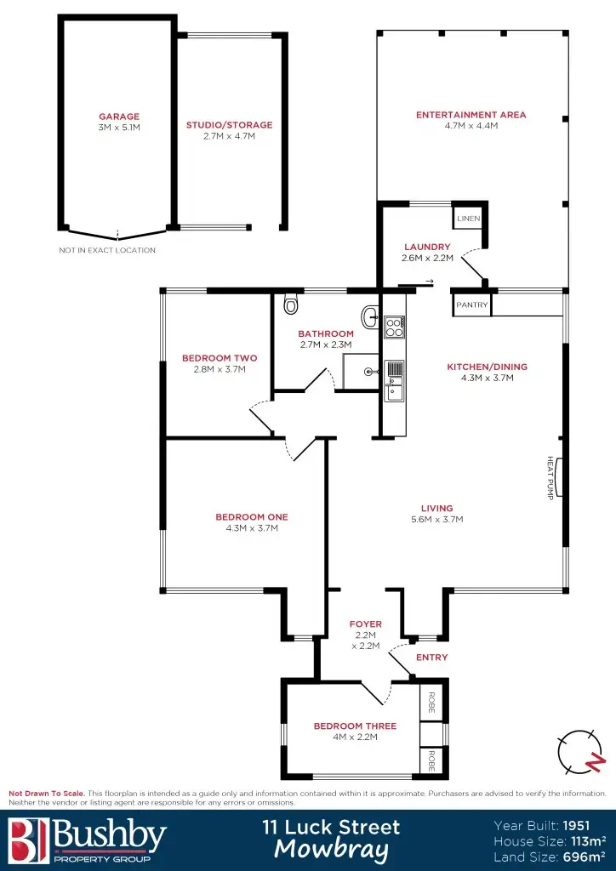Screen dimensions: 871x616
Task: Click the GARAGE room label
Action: [x=118, y=117]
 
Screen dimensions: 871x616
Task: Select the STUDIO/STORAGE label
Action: [x=229, y=125]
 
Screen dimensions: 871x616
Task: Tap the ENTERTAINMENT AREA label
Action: [x=471, y=115]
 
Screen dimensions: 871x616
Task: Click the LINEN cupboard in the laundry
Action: [x=468, y=219]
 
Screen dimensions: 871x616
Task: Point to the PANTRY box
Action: [x=471, y=305]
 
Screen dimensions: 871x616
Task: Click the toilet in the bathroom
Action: [x=291, y=304]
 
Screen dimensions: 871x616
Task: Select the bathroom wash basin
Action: [x=371, y=317]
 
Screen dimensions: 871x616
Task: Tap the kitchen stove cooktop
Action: [x=394, y=327]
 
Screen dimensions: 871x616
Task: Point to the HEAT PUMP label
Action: [x=550, y=478]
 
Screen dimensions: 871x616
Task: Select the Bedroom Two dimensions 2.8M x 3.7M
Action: [x=220, y=369]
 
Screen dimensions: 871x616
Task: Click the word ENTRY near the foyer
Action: [x=431, y=657]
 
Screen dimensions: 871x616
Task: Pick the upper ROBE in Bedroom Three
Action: [x=432, y=702]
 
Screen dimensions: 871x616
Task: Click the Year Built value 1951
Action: [x=593, y=824]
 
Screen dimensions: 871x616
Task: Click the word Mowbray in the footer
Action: [x=331, y=849]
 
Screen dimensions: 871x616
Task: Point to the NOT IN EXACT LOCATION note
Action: [x=107, y=250]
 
